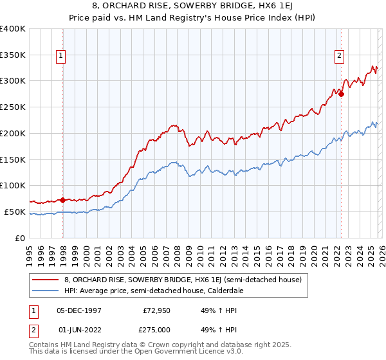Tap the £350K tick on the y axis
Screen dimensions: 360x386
coord(13,55)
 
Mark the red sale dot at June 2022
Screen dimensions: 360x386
coord(341,94)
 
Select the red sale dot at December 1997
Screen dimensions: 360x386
coord(63,200)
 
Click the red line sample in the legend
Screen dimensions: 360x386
coord(46,280)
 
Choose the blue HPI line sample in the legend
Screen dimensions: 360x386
coord(46,291)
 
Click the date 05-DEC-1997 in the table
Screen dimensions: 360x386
coord(79,310)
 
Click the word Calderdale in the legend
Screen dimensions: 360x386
coord(221,291)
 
